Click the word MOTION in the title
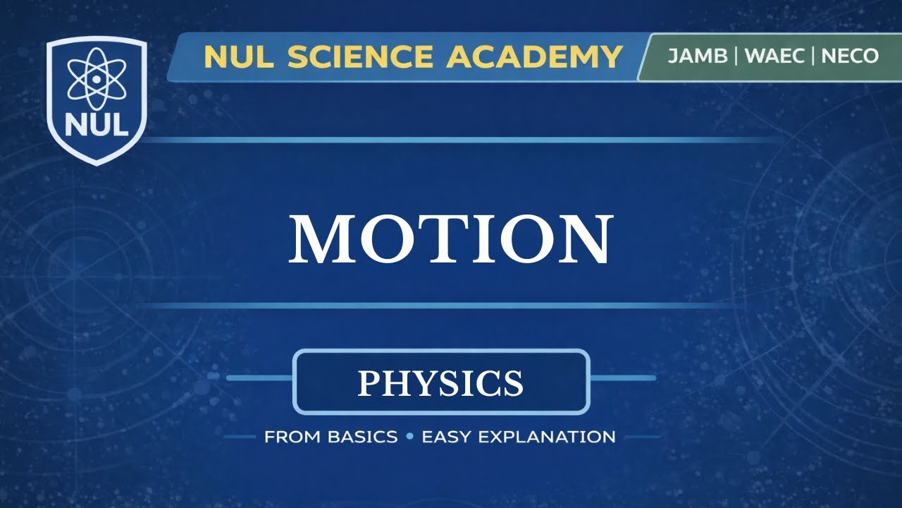click(451, 239)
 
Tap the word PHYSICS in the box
click(440, 382)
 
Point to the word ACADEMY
click(535, 56)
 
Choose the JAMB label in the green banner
click(697, 56)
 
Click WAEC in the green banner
click(774, 56)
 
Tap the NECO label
click(850, 56)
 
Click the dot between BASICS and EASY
click(409, 437)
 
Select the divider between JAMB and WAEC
click(735, 56)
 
